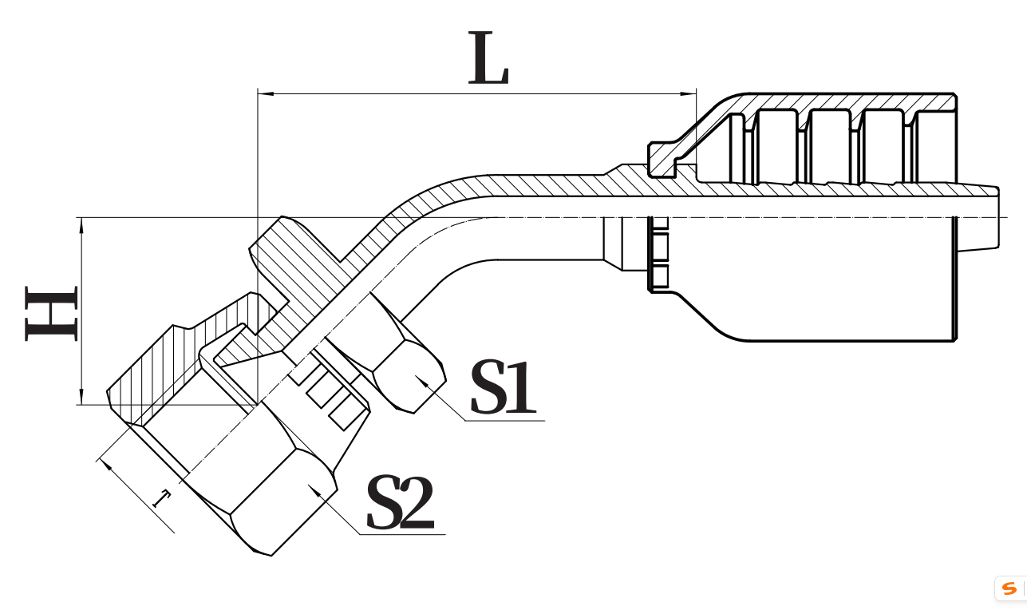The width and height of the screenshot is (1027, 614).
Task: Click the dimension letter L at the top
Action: (x=488, y=60)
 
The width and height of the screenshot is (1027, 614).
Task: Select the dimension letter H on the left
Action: (x=52, y=311)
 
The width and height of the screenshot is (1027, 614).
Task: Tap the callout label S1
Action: (x=502, y=388)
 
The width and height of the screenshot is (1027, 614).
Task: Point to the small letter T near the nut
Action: (x=162, y=500)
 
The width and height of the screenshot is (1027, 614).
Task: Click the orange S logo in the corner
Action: (x=1009, y=589)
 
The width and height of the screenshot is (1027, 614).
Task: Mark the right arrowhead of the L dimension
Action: (x=690, y=94)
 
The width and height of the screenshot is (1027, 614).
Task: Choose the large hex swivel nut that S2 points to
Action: (x=271, y=487)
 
